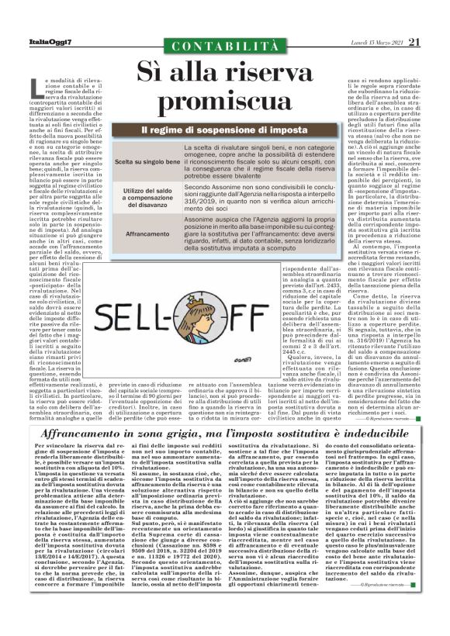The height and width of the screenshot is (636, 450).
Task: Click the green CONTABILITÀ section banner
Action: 225,47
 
